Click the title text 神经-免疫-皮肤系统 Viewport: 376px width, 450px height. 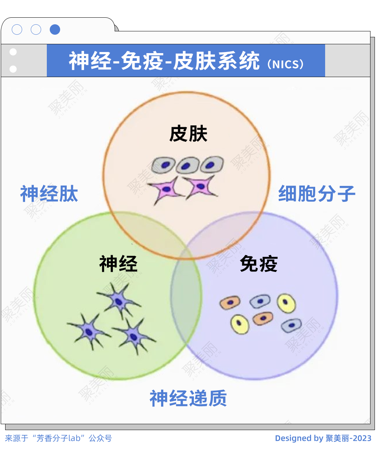(x=164, y=61)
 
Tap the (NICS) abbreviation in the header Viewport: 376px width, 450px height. (x=286, y=64)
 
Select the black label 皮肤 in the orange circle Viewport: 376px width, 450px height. (x=188, y=134)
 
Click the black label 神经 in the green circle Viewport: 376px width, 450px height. (x=118, y=264)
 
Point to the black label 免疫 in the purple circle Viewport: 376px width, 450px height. (x=258, y=264)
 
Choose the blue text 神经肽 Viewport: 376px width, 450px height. (x=49, y=194)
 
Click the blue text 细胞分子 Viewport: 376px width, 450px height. (x=317, y=194)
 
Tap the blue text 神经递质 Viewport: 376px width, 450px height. (x=188, y=398)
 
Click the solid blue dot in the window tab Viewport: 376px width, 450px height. (x=55, y=30)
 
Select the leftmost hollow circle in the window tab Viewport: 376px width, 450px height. (x=17, y=30)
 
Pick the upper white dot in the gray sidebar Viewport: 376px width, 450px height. (x=13, y=52)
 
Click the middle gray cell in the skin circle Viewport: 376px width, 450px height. (x=187, y=166)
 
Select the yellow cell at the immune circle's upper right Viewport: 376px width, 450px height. (x=286, y=303)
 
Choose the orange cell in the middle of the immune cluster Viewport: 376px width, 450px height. (x=263, y=318)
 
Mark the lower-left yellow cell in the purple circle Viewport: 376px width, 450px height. (x=240, y=324)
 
